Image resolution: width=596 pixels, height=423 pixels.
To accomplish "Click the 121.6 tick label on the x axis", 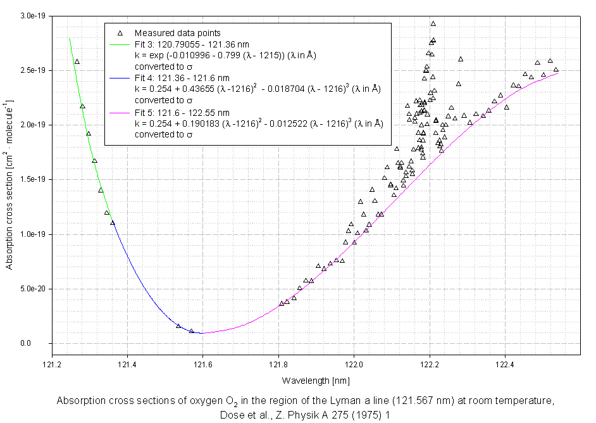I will pos(202,365).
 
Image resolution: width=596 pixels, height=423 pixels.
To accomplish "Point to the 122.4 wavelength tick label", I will pos(505,365).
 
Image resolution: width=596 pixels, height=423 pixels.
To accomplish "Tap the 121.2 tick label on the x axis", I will pos(52,365).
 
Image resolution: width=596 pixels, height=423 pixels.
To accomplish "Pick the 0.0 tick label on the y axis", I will pos(42,344).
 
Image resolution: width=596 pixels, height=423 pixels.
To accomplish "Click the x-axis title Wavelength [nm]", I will pos(316,380).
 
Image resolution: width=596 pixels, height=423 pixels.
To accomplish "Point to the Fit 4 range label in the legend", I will pos(178,78).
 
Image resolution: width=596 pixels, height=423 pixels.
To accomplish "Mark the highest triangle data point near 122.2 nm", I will pos(433,24).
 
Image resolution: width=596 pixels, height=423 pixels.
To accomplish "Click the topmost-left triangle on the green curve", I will pos(77,61).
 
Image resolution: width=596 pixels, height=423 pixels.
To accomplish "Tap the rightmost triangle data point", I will pos(556,70).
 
